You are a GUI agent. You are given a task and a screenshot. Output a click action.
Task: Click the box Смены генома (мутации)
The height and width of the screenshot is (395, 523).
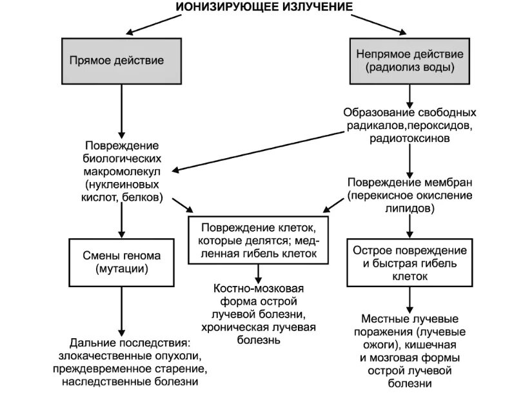[121, 262]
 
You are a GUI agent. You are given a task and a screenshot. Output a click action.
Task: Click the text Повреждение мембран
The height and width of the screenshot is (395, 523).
[410, 183]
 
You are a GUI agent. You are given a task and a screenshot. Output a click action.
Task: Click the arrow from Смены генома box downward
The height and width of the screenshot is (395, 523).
[121, 310]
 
